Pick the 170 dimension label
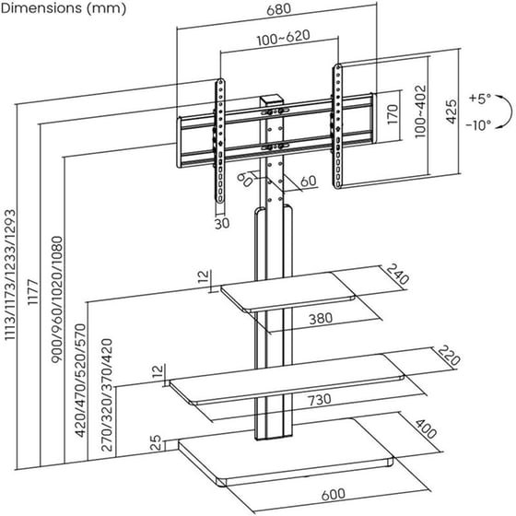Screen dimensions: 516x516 tap(392, 115)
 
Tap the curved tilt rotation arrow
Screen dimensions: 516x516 tap(504, 111)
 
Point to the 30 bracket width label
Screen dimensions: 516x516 tap(222, 222)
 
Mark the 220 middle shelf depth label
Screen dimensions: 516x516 tap(447, 356)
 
